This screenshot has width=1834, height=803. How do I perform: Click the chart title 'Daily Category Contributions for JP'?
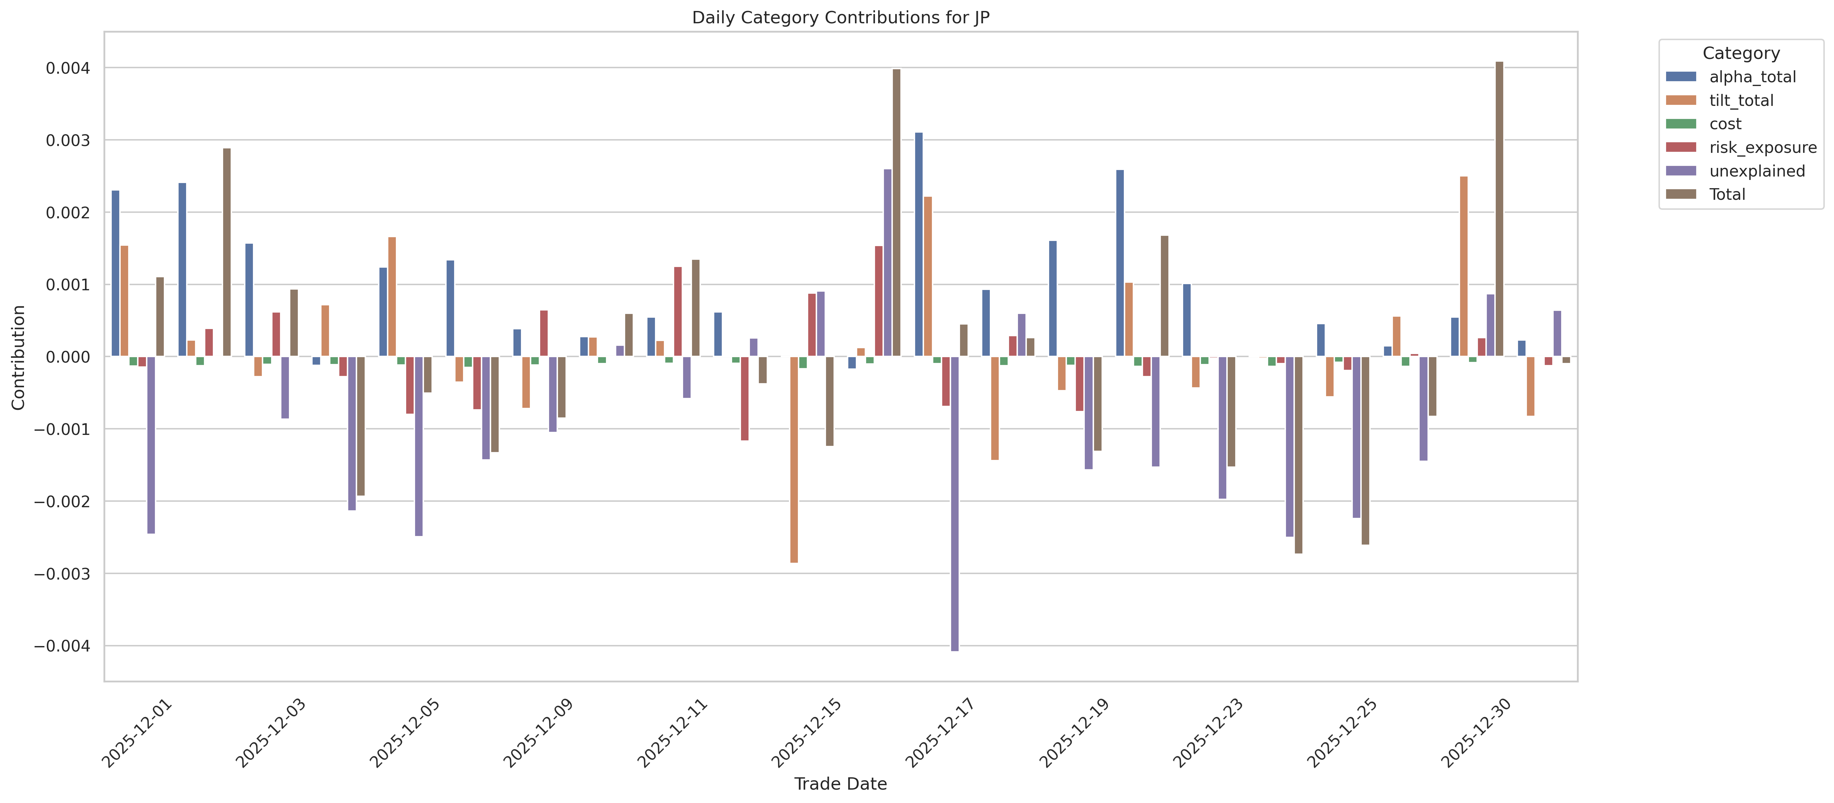click(840, 18)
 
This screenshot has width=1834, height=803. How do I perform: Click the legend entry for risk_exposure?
click(1762, 147)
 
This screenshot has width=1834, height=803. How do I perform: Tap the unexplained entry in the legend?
click(1757, 171)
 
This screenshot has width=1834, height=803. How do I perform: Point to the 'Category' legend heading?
click(1741, 53)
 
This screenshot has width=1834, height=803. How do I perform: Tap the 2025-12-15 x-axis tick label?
click(807, 733)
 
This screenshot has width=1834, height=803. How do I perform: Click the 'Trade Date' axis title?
click(840, 784)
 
